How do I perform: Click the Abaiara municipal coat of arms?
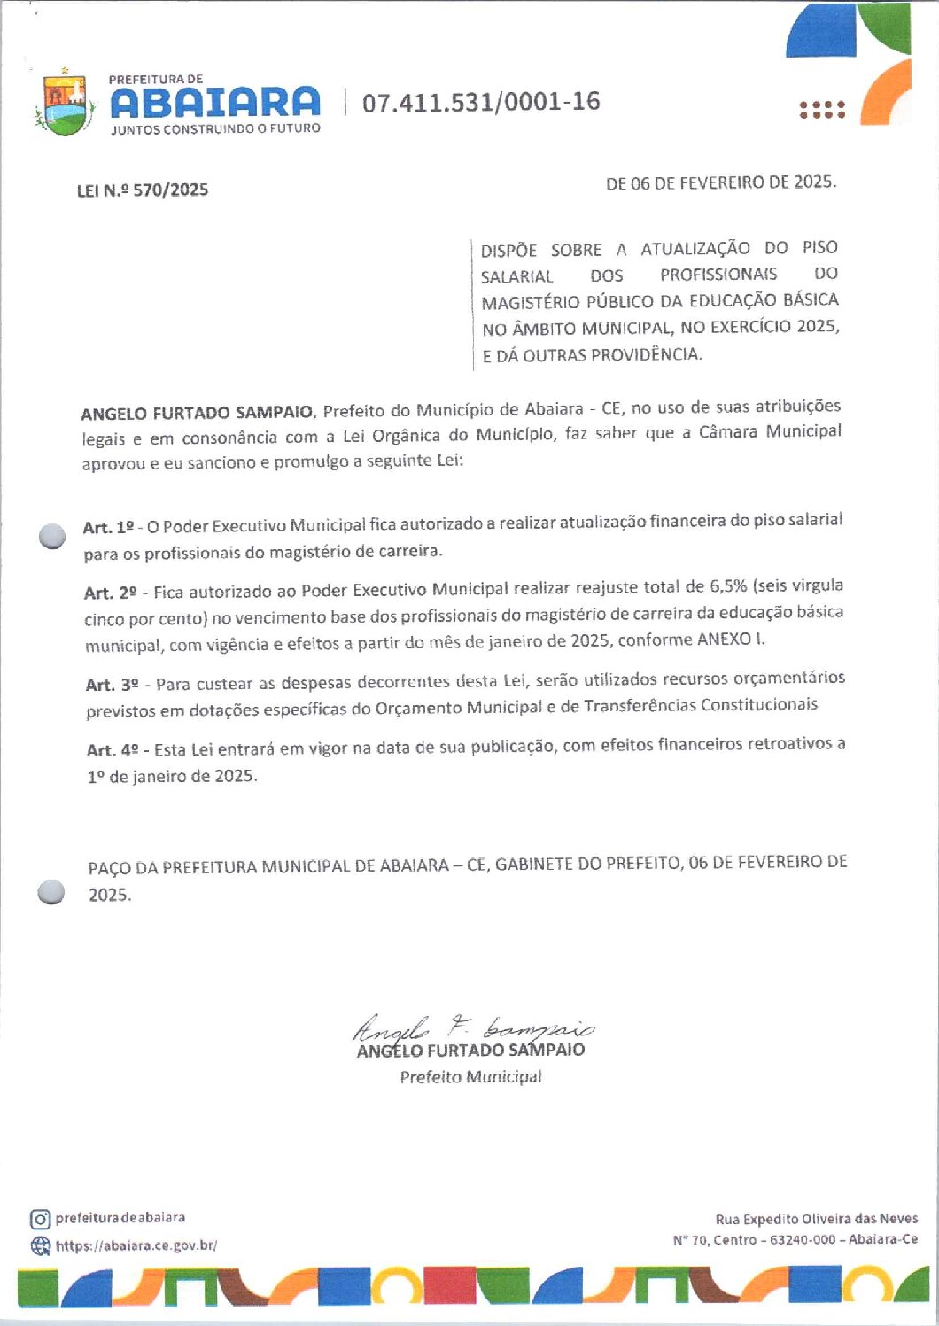pyautogui.click(x=64, y=105)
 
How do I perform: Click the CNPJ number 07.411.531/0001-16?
pyautogui.click(x=481, y=103)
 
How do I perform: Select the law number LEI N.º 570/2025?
pyautogui.click(x=143, y=190)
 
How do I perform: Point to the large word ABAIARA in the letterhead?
pyautogui.click(x=215, y=103)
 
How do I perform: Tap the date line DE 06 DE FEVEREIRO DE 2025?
pyautogui.click(x=720, y=182)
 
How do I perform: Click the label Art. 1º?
pyautogui.click(x=108, y=527)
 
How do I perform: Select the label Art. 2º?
pyautogui.click(x=111, y=593)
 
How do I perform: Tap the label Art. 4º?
pyautogui.click(x=113, y=750)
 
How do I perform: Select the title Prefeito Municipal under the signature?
pyautogui.click(x=470, y=1077)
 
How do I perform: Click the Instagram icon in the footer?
pyautogui.click(x=40, y=1219)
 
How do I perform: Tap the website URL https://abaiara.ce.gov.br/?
pyautogui.click(x=136, y=1245)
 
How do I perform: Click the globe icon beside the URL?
pyautogui.click(x=41, y=1246)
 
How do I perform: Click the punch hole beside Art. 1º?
pyautogui.click(x=53, y=536)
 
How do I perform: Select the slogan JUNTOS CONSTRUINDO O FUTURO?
pyautogui.click(x=215, y=128)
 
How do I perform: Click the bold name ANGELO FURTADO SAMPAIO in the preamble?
pyautogui.click(x=197, y=413)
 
